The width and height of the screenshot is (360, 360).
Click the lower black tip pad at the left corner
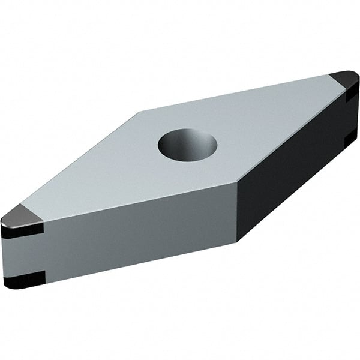(x=24, y=278)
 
